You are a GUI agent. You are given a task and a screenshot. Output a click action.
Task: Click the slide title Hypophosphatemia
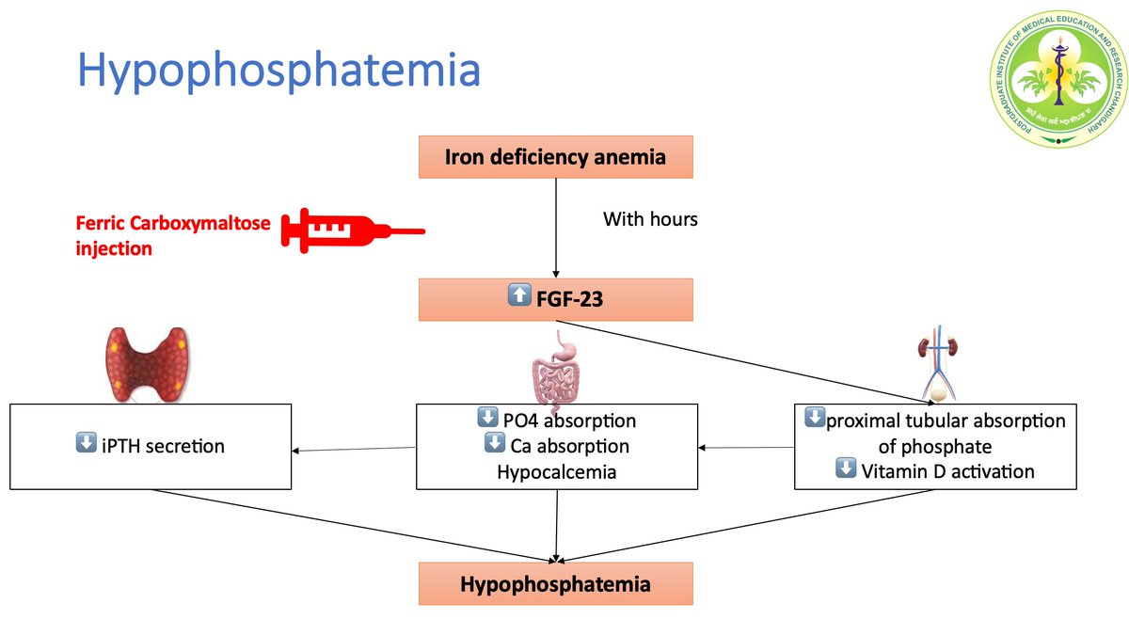[278, 71]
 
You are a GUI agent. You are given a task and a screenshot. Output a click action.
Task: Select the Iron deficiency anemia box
[555, 157]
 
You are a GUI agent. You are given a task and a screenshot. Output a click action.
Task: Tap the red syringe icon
[354, 230]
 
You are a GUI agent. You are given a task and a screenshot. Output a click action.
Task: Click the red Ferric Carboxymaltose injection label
[173, 235]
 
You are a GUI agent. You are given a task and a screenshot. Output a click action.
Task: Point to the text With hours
[650, 220]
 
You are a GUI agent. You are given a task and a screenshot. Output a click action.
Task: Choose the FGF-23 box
[555, 300]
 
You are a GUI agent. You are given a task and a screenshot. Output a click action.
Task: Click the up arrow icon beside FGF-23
[518, 296]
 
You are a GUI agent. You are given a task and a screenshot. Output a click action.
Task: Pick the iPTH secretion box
[151, 446]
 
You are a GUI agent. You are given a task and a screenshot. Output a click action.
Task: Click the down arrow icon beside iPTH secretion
[86, 443]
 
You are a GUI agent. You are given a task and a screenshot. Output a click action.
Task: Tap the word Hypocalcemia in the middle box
[556, 471]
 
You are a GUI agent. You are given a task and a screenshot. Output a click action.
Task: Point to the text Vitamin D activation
[947, 470]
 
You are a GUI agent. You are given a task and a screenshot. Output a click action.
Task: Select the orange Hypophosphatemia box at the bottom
[555, 584]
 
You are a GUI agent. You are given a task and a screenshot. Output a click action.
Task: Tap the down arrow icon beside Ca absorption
[494, 443]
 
